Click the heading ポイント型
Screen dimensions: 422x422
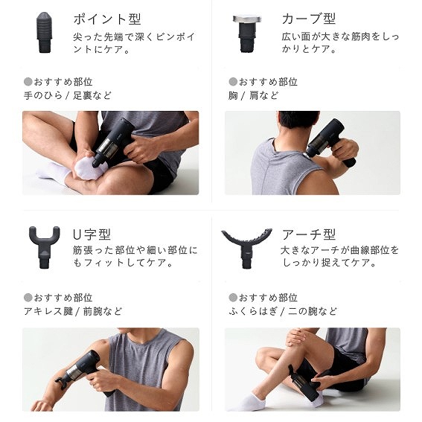pos(107,19)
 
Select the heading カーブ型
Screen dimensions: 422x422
pos(309,19)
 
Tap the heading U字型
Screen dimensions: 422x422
pos(92,234)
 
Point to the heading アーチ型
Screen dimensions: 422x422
pos(309,234)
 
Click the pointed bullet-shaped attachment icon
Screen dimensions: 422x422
pos(44,32)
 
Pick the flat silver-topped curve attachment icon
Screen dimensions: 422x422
pos(247,33)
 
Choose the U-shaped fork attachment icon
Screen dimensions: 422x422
pos(44,247)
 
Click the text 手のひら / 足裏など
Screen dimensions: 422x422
pos(67,95)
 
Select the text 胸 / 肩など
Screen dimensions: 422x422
pos(253,95)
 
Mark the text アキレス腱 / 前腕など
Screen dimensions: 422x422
pos(73,311)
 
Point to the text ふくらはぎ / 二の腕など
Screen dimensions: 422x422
pos(283,311)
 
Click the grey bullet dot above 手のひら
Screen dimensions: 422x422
pos(28,82)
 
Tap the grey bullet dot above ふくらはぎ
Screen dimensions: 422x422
pos(233,298)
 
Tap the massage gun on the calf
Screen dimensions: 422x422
pos(304,382)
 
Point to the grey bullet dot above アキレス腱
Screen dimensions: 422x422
pos(28,298)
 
